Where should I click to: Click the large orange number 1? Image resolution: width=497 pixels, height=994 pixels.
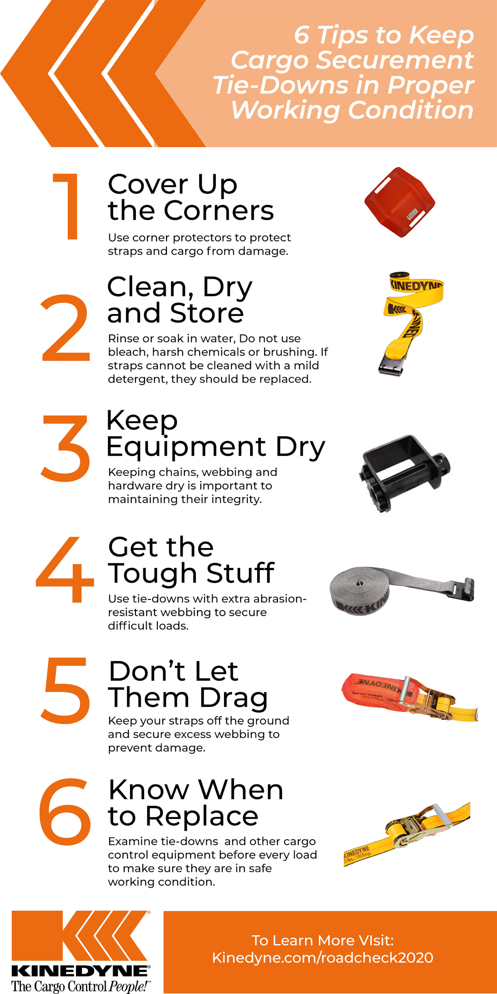(68, 206)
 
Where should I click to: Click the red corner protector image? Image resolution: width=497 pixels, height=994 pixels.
(400, 202)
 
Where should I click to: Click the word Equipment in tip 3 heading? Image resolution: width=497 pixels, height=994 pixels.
(186, 448)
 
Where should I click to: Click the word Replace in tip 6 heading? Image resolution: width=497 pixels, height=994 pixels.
(202, 816)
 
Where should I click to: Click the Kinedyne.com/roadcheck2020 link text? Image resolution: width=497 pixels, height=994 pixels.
(323, 958)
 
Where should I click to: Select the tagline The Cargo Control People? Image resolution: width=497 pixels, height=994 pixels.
(80, 987)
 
